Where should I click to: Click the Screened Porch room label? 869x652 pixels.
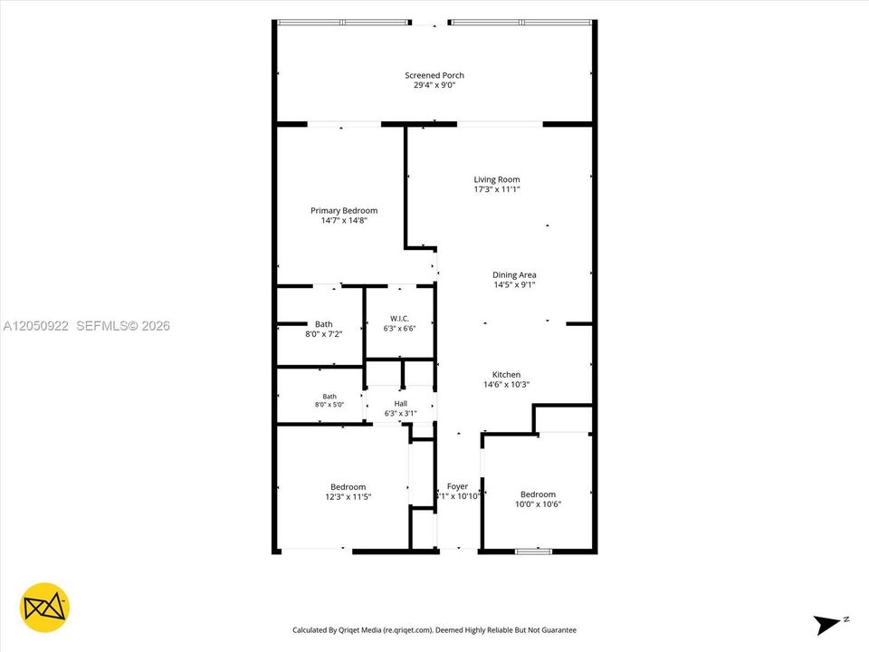(x=434, y=75)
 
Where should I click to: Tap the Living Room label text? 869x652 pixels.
(x=497, y=179)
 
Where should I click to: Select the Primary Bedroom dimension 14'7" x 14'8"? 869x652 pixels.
(x=344, y=221)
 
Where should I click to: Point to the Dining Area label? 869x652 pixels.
(x=514, y=275)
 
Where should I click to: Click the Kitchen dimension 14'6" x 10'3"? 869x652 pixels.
(x=507, y=384)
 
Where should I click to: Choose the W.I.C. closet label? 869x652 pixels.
(x=399, y=319)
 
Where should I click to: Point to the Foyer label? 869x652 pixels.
(x=457, y=486)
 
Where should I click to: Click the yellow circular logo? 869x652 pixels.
(x=44, y=608)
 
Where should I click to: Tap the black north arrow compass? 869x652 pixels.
(x=827, y=625)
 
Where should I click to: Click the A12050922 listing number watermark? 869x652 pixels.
(x=36, y=326)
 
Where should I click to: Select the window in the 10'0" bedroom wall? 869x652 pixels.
(x=533, y=551)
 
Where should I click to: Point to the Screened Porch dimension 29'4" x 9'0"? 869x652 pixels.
(x=434, y=85)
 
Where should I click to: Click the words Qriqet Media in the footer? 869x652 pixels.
(x=359, y=630)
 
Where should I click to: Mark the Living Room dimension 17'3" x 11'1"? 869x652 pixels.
(x=497, y=189)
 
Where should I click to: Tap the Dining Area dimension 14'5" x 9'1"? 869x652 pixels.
(x=514, y=285)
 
